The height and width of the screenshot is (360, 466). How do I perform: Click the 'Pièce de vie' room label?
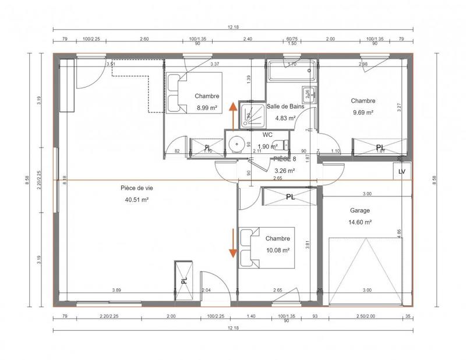135,188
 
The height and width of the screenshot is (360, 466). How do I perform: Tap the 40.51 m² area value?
135,200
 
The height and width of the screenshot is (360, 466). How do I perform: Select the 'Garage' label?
360,211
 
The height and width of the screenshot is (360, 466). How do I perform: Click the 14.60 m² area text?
360,222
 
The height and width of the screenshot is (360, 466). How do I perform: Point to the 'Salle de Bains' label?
282,107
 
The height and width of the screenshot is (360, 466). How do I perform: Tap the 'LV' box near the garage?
401,172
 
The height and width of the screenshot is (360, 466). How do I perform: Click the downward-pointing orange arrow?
232,242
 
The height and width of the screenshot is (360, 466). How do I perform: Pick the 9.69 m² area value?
362,112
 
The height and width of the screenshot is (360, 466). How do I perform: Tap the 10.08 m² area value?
277,250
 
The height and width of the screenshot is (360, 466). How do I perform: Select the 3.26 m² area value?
284,171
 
